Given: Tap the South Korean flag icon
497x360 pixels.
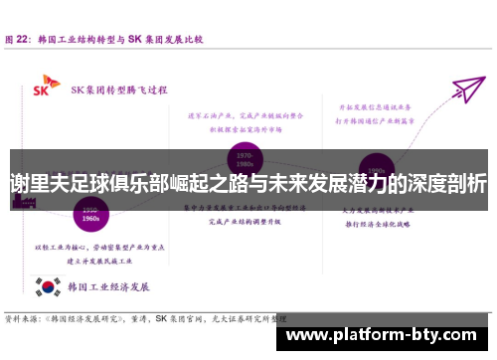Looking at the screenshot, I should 46,287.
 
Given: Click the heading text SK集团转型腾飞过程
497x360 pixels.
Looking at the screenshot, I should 118,88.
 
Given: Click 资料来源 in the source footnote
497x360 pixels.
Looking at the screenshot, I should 22,320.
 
